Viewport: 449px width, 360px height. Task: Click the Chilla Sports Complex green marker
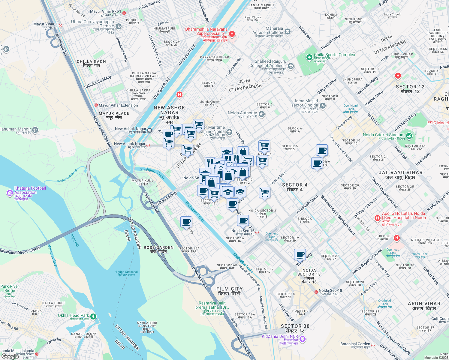309,57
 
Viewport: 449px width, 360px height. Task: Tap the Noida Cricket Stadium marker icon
409,136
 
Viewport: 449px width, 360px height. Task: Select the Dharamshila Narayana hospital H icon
232,34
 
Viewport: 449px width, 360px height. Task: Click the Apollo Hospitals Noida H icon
378,218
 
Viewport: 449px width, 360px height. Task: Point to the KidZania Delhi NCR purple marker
303,339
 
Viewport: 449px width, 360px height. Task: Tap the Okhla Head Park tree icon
93,316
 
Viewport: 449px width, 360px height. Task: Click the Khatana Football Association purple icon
10,193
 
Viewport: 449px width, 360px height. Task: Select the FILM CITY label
230,291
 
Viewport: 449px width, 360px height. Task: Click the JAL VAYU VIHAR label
400,175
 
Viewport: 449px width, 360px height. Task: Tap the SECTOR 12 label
410,89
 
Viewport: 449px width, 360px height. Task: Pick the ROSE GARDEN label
158,249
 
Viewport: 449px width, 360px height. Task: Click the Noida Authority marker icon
261,114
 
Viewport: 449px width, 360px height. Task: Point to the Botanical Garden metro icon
373,346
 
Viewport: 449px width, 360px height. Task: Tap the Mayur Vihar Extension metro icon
96,105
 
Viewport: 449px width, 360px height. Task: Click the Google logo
10,356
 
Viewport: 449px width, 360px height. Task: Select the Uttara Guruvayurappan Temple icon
119,27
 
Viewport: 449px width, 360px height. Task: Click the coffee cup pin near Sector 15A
186,222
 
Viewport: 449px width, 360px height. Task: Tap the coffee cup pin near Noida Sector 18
300,255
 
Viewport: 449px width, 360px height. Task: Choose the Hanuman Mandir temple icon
35,130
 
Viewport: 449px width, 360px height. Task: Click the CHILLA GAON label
91,63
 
